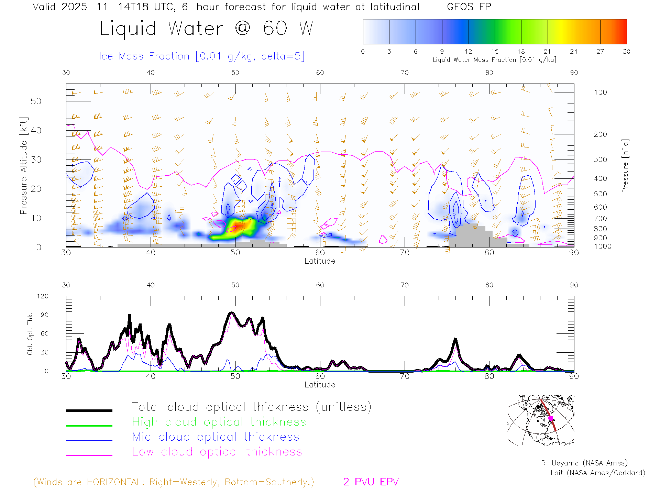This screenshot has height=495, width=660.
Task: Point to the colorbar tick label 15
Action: pyautogui.click(x=495, y=52)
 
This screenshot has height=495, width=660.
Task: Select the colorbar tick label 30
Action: pyautogui.click(x=626, y=52)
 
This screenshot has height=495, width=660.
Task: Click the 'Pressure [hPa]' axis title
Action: pyautogui.click(x=625, y=166)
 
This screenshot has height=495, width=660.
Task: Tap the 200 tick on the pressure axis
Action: pyautogui.click(x=600, y=134)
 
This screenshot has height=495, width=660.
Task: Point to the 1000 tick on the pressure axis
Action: pyautogui.click(x=603, y=246)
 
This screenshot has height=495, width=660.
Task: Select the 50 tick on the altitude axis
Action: pyautogui.click(x=36, y=101)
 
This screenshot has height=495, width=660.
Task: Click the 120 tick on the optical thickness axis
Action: pyautogui.click(x=43, y=296)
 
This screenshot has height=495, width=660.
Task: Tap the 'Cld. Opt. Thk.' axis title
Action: pyautogui.click(x=30, y=333)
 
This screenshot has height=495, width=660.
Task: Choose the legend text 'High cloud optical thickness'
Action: pyautogui.click(x=219, y=422)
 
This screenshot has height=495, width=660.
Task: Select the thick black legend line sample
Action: pyautogui.click(x=89, y=410)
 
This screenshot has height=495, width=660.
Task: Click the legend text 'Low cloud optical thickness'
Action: pyautogui.click(x=217, y=452)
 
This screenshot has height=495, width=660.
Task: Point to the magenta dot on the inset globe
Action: pyautogui.click(x=551, y=418)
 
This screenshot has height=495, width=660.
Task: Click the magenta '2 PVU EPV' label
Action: pyautogui.click(x=371, y=482)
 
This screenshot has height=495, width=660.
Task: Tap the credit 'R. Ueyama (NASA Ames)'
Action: pyautogui.click(x=584, y=463)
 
